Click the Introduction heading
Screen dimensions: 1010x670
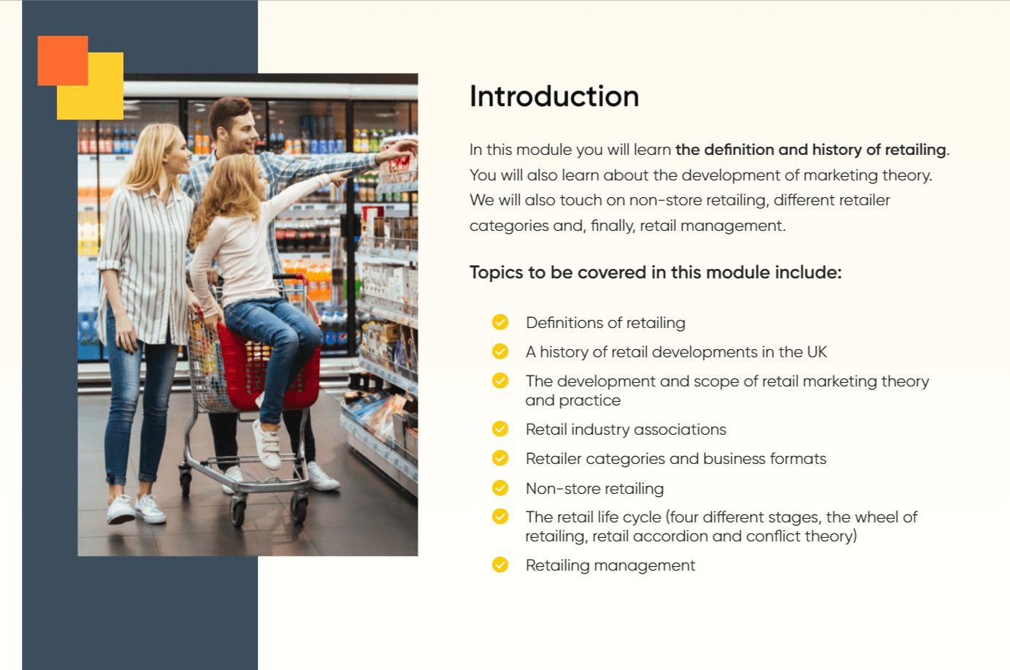tap(554, 96)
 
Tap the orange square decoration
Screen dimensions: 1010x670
tap(63, 61)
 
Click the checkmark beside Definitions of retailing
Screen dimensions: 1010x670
tap(500, 322)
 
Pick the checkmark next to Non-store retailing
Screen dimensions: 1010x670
tap(500, 488)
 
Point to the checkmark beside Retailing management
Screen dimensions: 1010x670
tap(500, 565)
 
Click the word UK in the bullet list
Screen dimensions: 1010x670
tap(816, 352)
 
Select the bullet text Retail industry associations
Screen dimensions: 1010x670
tap(626, 429)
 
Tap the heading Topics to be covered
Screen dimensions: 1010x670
tap(656, 273)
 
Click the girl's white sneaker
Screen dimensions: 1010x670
tap(267, 444)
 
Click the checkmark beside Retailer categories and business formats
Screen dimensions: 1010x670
tap(500, 458)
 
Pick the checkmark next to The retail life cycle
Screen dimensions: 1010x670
tap(500, 517)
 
